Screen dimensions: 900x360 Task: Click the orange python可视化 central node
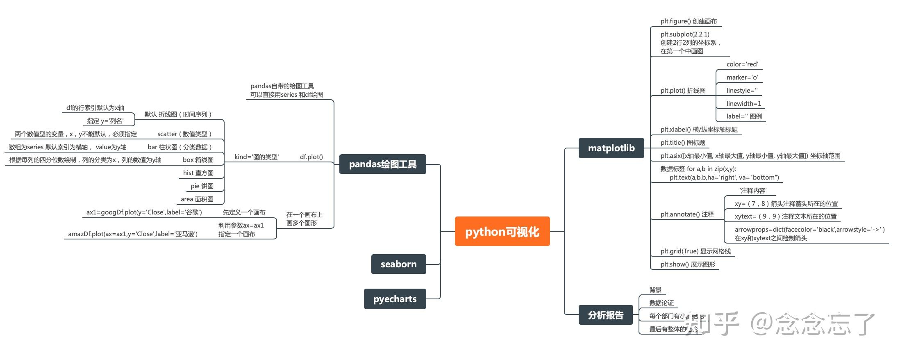coord(502,232)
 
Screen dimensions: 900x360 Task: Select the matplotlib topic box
coord(611,148)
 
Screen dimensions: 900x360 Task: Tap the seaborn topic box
coord(398,264)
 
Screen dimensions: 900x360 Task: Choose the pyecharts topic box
coord(395,299)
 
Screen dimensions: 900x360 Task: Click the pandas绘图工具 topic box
coord(382,164)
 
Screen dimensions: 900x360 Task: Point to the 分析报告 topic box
coord(605,315)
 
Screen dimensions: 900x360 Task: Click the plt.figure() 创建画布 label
coord(689,21)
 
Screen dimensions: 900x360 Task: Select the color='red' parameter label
coord(742,64)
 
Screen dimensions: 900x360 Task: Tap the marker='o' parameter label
coord(742,77)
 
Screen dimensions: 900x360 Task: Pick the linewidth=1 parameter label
coord(743,104)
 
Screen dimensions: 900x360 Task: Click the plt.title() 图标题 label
coord(683,143)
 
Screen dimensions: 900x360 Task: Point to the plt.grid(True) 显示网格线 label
coord(695,251)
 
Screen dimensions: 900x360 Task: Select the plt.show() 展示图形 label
coord(688,264)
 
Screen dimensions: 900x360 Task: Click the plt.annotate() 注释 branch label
coord(687,214)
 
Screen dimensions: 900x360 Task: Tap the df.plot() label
coord(311,157)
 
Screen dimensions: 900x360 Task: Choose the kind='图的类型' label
coord(257,157)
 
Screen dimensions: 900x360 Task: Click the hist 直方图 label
coord(198,173)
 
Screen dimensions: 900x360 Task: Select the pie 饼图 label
coord(202,186)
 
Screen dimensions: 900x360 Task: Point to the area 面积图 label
coord(197,199)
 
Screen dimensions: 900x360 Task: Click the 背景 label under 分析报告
coord(655,290)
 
